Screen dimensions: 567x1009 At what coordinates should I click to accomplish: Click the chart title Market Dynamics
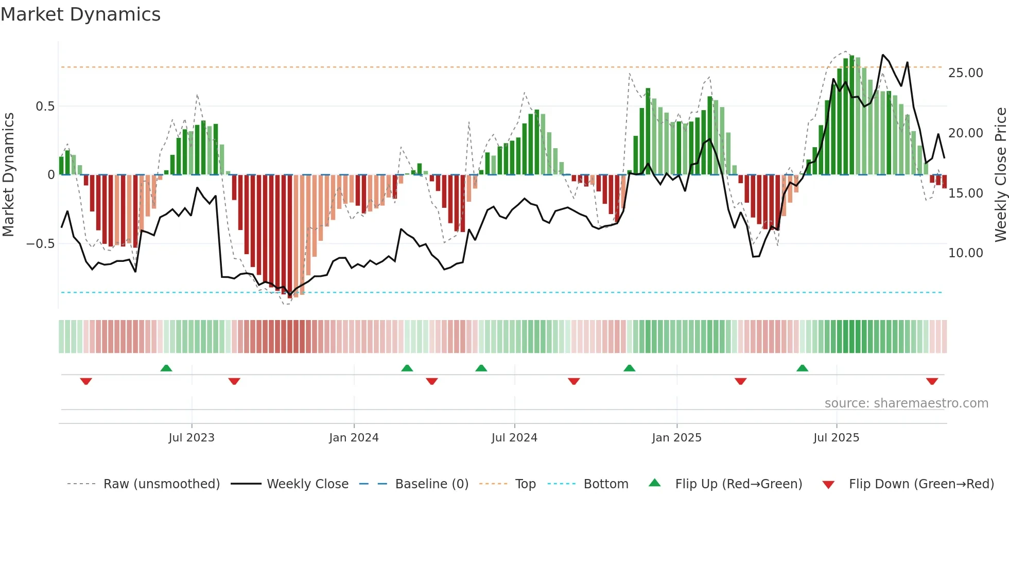[x=80, y=14]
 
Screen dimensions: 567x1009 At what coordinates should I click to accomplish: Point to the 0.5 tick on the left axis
[x=45, y=107]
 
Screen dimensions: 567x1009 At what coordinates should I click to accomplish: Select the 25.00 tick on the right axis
[x=965, y=73]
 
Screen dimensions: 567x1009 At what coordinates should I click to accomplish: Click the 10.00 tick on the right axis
[x=965, y=253]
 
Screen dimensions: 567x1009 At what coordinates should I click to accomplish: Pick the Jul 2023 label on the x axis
[x=191, y=438]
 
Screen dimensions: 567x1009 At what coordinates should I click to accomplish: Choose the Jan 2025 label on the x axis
[x=676, y=438]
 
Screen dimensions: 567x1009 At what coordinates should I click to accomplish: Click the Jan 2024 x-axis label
[x=354, y=438]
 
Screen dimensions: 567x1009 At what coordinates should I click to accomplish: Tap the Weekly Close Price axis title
[x=1000, y=175]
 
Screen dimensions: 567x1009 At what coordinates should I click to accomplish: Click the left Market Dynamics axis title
[x=8, y=175]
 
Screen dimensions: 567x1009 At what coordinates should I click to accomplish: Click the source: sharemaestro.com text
[x=906, y=403]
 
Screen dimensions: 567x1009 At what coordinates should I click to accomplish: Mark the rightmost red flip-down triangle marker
[x=932, y=381]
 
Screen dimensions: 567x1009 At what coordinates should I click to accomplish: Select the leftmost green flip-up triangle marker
[x=166, y=368]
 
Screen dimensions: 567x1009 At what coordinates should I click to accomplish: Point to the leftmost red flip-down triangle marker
[x=86, y=381]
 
